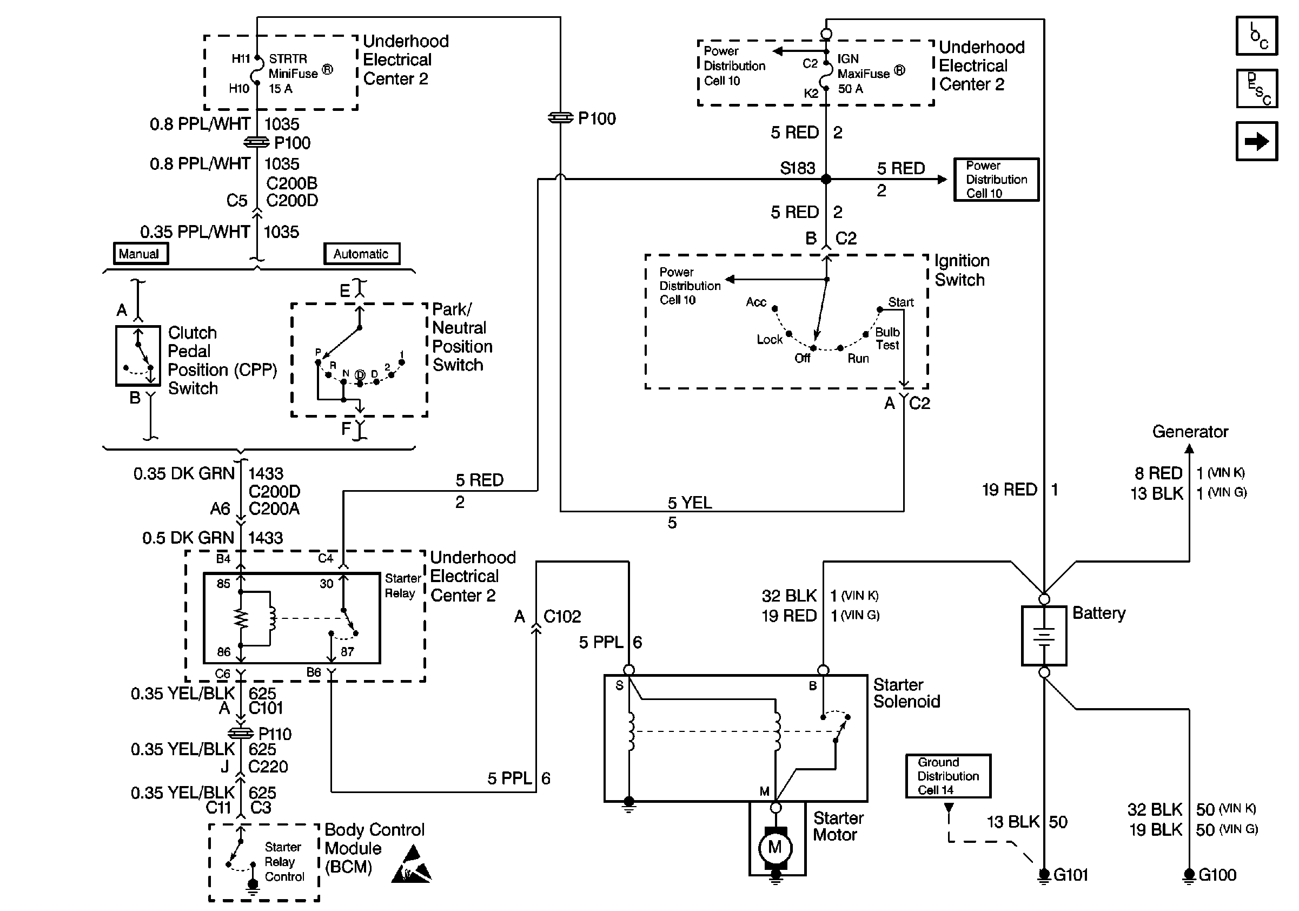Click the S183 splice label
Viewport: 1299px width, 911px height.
coord(797,168)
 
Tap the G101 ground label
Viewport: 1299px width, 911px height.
coord(1070,875)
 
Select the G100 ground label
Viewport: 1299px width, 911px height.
coord(1217,875)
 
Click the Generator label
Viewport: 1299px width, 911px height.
coord(1190,432)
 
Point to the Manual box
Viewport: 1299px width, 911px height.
coord(140,254)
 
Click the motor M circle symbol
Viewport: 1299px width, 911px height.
coord(775,847)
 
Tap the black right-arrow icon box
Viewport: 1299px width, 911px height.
coord(1257,141)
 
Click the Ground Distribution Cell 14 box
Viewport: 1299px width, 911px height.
coord(947,776)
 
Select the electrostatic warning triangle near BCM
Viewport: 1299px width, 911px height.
coord(412,866)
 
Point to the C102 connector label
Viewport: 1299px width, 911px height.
coord(562,616)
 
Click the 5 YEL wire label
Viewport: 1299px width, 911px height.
coord(690,503)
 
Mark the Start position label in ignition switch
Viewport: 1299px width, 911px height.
coord(900,302)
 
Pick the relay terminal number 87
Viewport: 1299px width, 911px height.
coord(347,652)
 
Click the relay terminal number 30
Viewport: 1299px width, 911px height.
coord(327,584)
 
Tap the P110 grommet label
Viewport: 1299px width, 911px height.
coord(274,734)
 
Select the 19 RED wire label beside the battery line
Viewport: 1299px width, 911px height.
coord(1009,490)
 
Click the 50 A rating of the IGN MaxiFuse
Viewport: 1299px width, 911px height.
coord(850,89)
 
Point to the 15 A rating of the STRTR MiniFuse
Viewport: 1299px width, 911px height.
coord(280,89)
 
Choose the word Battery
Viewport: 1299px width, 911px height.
coord(1099,613)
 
